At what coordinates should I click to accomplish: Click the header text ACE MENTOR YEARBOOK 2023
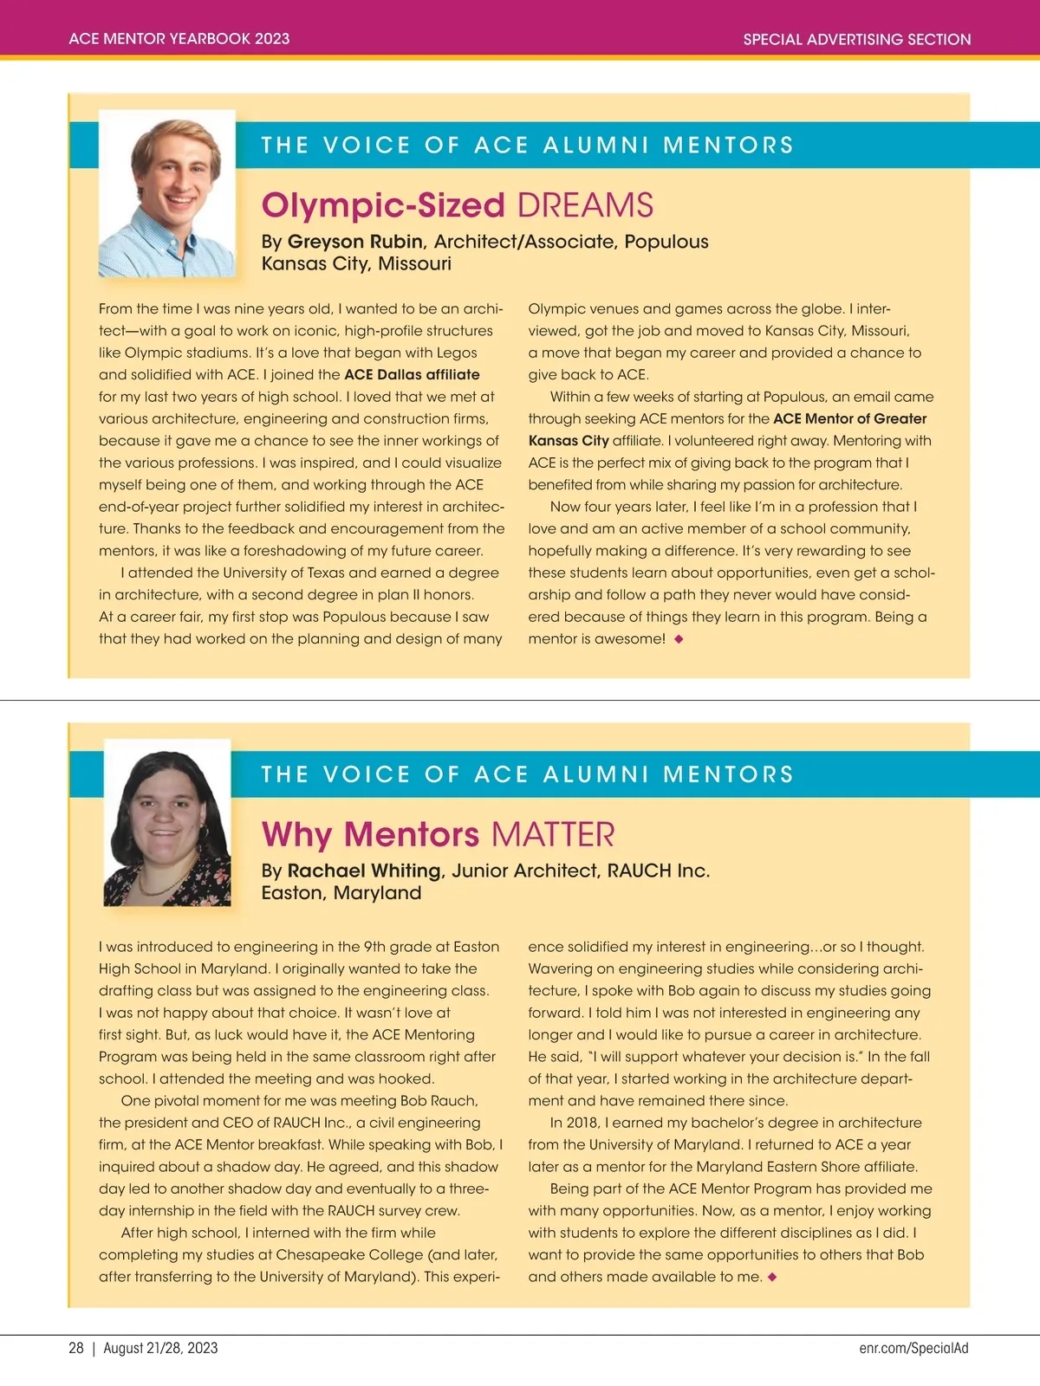[x=179, y=39]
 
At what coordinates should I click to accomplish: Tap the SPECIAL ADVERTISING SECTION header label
[x=856, y=39]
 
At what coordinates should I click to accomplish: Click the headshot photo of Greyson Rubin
[x=167, y=194]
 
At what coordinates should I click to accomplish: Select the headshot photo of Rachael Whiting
[x=167, y=823]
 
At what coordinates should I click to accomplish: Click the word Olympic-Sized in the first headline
[x=383, y=205]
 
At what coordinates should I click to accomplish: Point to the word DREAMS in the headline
[x=585, y=205]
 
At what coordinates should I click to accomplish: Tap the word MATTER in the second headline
[x=553, y=835]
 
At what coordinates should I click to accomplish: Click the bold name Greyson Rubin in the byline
[x=355, y=242]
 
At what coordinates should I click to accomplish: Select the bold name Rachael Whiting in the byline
[x=364, y=871]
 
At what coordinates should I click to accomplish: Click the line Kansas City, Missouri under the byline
[x=356, y=263]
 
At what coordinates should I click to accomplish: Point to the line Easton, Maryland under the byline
[x=341, y=893]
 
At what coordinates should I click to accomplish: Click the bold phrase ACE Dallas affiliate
[x=412, y=374]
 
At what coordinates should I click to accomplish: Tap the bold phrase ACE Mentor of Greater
[x=849, y=418]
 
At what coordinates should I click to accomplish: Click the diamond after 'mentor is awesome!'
[x=679, y=639]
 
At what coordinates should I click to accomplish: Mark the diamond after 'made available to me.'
[x=772, y=1277]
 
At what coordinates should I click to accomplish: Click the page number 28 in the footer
[x=76, y=1348]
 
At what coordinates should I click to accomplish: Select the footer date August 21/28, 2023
[x=160, y=1348]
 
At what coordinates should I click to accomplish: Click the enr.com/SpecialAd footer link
[x=913, y=1348]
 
